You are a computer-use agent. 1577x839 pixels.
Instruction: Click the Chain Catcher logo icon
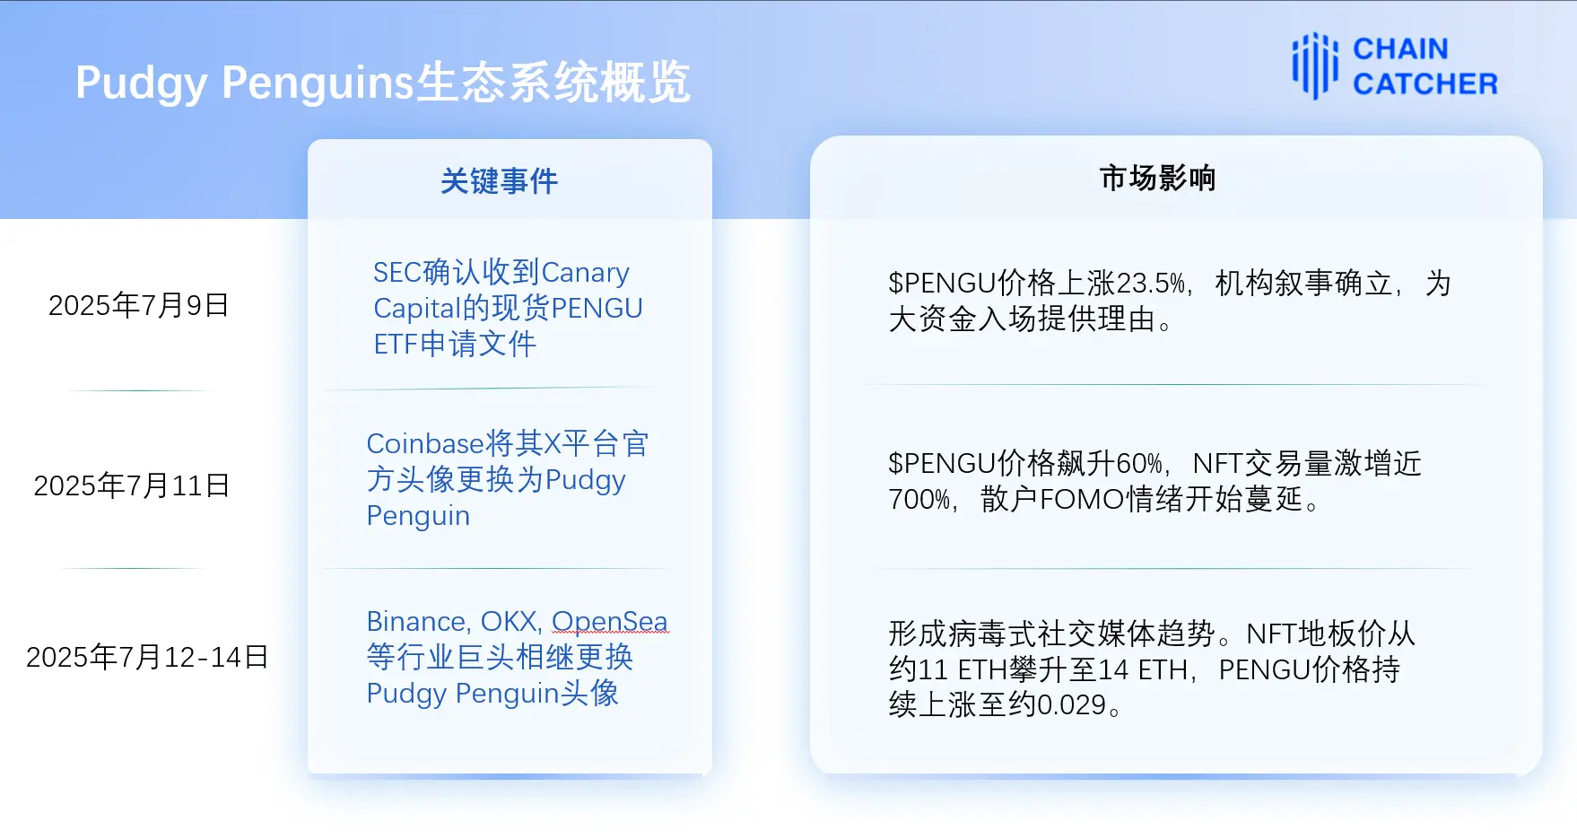(x=1314, y=66)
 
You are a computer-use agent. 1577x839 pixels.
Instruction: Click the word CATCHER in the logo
(x=1425, y=83)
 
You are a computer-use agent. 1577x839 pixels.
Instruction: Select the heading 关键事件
(x=499, y=181)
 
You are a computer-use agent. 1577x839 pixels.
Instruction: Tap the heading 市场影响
(x=1157, y=178)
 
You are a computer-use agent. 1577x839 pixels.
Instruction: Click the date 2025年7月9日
(x=139, y=305)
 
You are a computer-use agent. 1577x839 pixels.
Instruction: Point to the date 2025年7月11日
(x=132, y=485)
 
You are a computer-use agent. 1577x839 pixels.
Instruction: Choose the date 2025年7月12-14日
(x=147, y=657)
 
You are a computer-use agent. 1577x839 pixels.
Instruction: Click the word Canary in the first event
(x=585, y=272)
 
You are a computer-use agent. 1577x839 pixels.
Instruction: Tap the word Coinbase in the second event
(x=425, y=443)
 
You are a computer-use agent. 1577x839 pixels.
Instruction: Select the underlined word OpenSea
(x=609, y=621)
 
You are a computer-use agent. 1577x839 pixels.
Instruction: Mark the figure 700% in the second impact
(x=919, y=499)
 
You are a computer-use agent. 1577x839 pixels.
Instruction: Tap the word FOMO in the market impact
(x=1082, y=499)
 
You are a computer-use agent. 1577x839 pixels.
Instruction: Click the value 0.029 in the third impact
(x=1071, y=705)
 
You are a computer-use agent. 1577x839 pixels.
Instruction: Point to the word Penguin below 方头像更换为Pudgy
(x=418, y=516)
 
